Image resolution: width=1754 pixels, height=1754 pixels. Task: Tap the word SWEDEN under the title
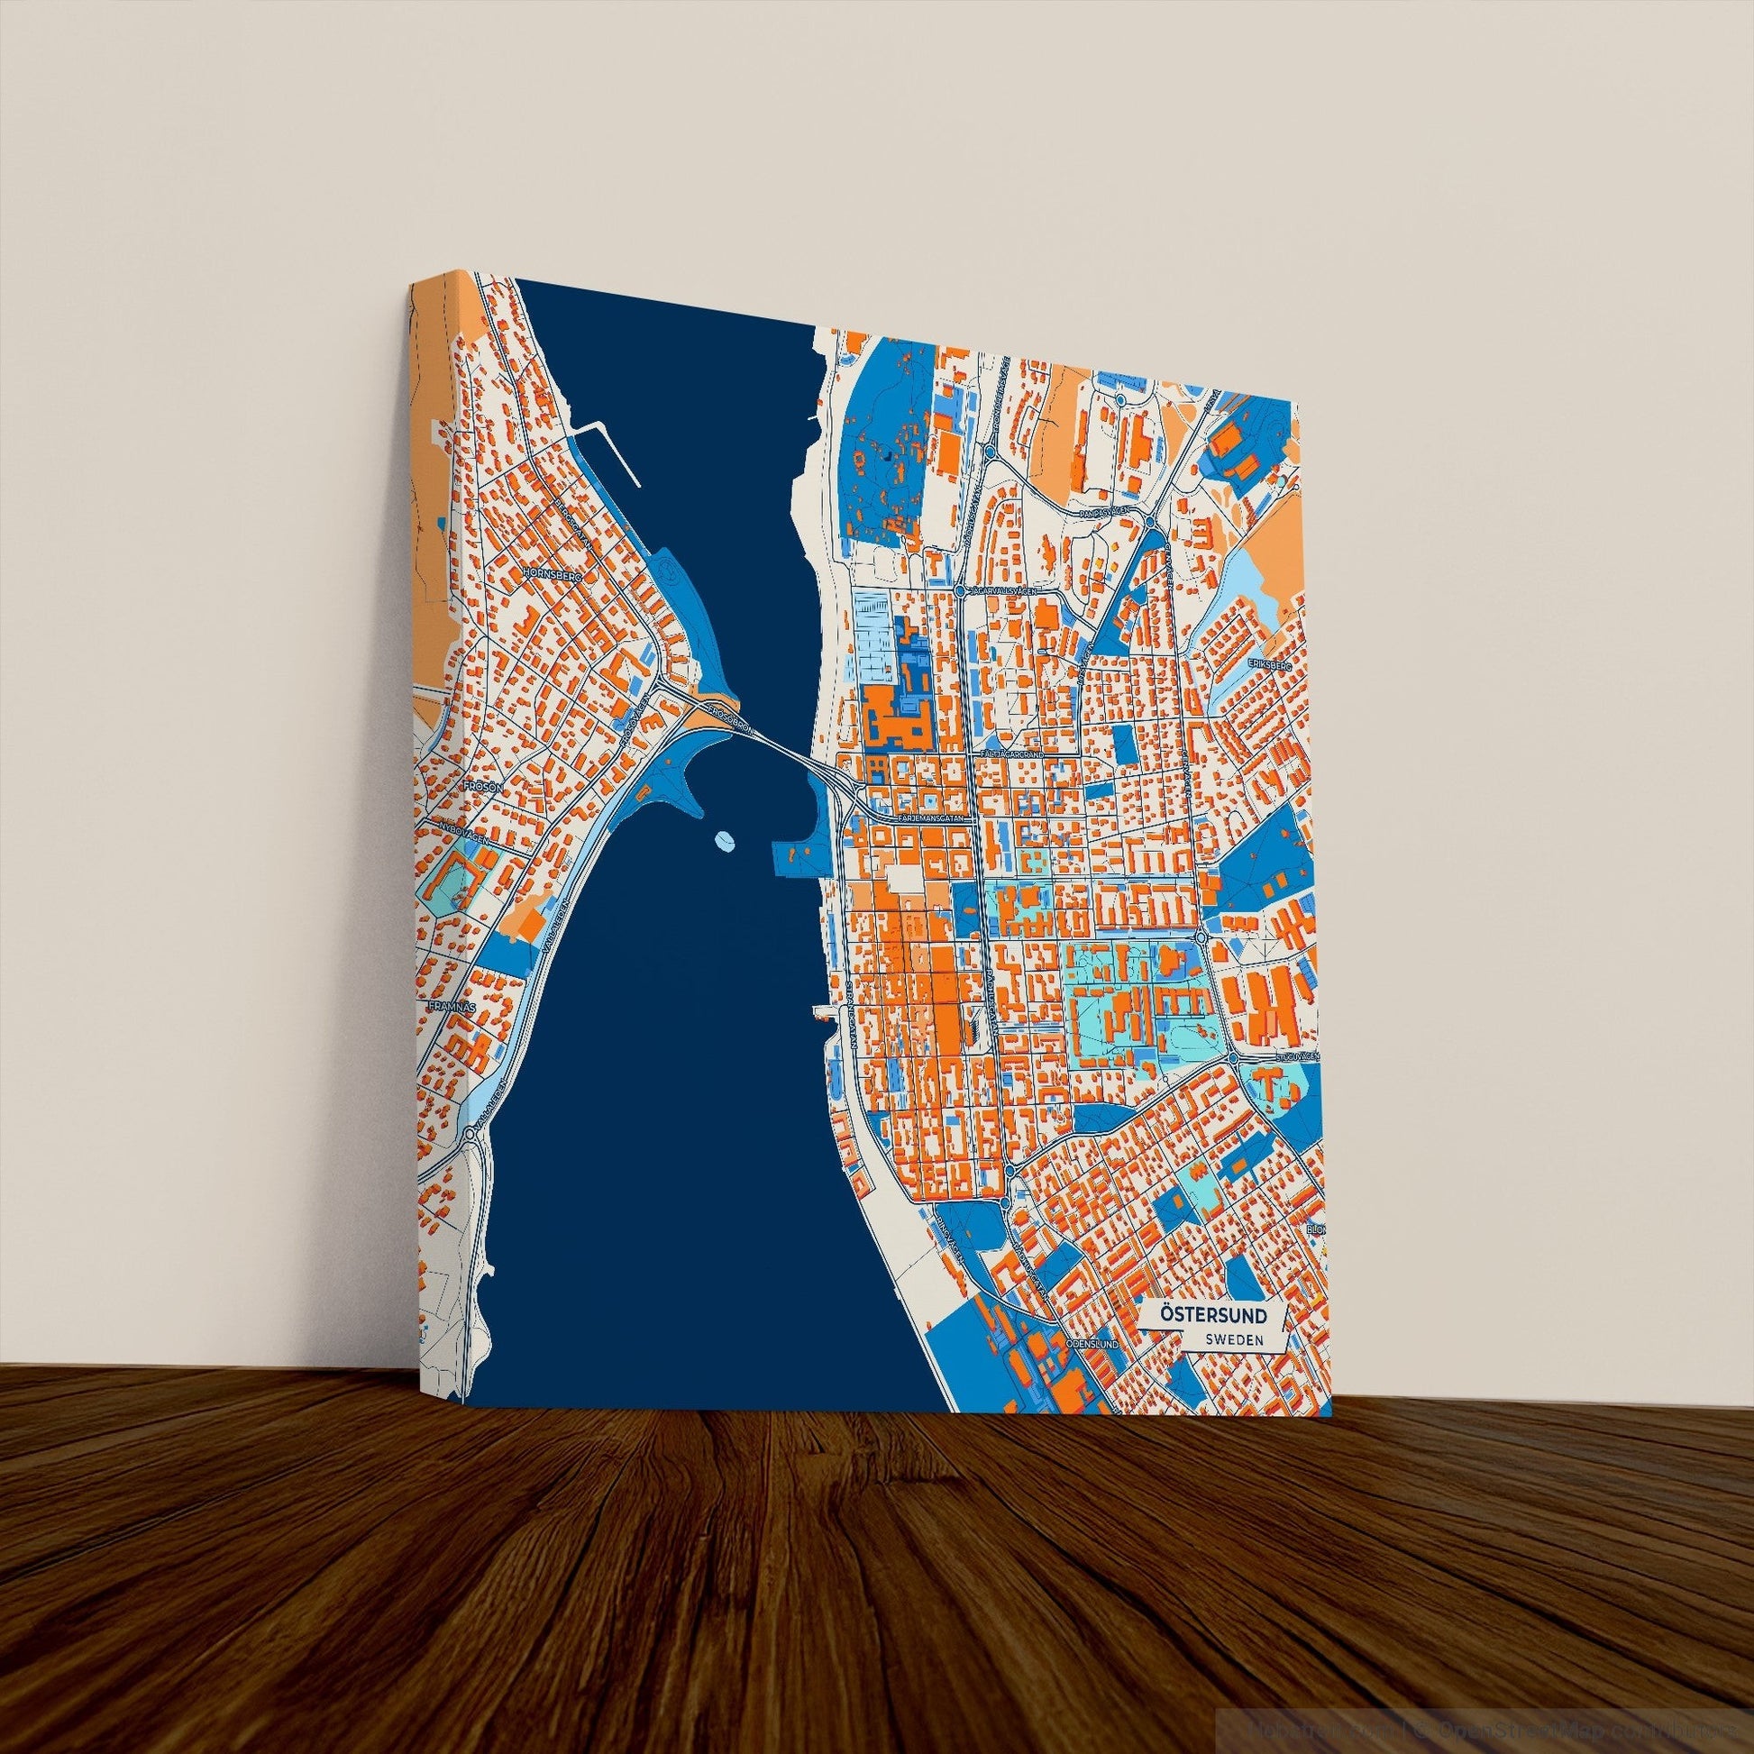(x=1232, y=1339)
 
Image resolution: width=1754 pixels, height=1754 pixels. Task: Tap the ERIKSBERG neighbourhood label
(x=1268, y=664)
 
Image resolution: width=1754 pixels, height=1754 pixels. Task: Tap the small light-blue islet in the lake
(x=726, y=841)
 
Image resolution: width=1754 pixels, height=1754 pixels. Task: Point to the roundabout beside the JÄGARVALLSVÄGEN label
(x=960, y=591)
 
